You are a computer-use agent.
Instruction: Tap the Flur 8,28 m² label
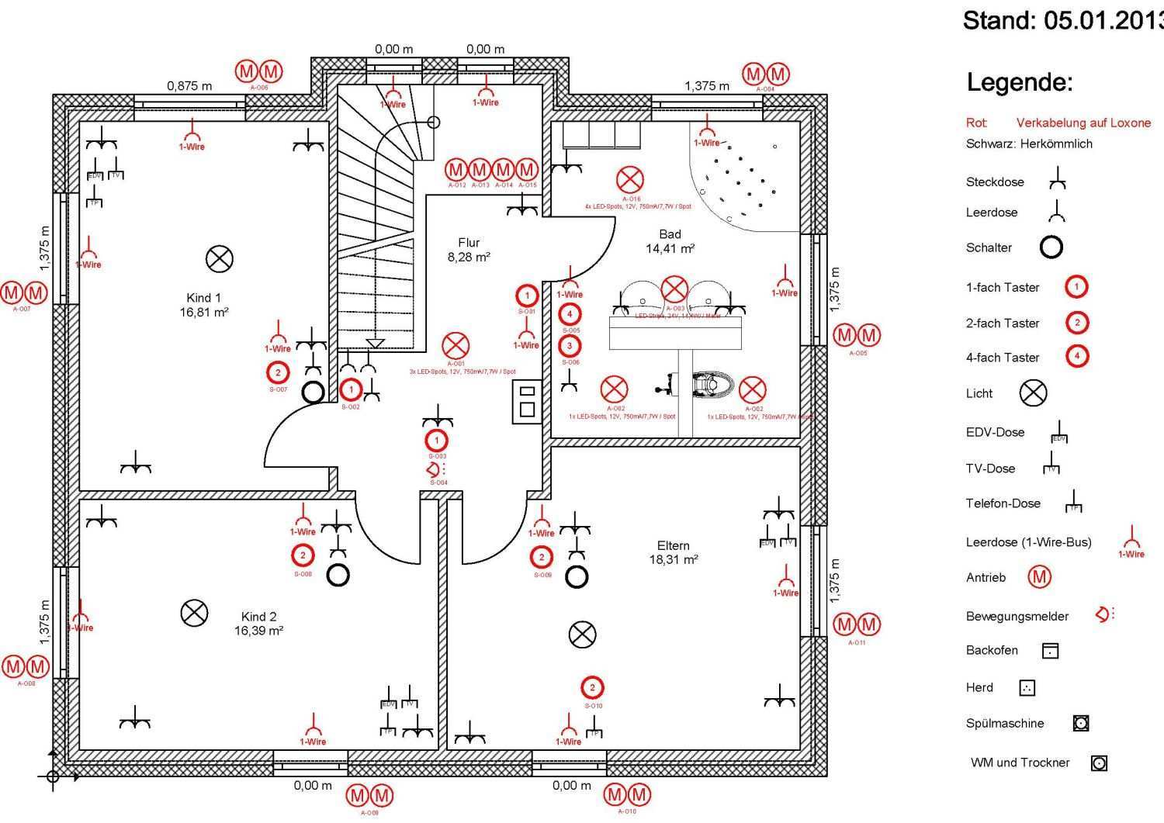(469, 250)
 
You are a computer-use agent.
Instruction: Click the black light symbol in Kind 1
(220, 258)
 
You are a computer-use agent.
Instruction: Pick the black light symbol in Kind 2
(194, 613)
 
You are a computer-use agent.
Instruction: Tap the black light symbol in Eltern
(582, 635)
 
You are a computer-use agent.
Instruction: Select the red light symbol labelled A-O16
(629, 180)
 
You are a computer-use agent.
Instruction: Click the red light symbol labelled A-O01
(456, 346)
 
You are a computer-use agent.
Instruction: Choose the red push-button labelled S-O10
(593, 687)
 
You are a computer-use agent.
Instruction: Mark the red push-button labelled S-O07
(278, 373)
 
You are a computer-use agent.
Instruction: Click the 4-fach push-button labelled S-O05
(570, 314)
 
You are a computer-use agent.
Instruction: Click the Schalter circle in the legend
(1051, 247)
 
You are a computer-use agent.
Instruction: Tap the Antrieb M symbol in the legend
(1039, 576)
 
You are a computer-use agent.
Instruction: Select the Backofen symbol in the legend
(1050, 651)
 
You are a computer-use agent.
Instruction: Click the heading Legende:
(1019, 82)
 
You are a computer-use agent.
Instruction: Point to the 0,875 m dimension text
(189, 86)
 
